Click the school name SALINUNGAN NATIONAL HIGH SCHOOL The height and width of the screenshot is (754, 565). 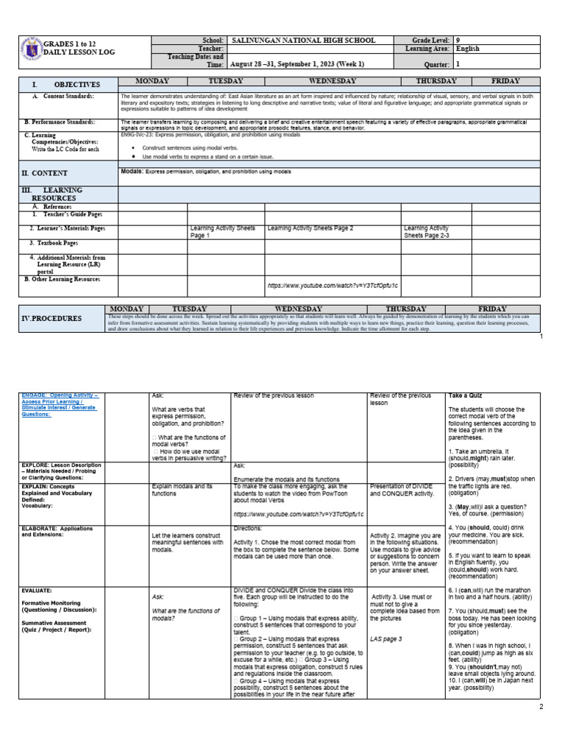point(303,40)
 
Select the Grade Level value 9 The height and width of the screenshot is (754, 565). point(458,40)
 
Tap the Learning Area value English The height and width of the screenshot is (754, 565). point(468,49)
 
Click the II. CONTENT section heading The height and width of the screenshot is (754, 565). point(45,173)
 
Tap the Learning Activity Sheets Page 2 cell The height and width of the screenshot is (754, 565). point(310,228)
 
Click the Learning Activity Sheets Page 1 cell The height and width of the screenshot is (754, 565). point(222,232)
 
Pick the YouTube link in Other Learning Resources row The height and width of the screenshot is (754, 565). point(333,284)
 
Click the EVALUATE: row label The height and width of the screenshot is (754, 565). point(37,591)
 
